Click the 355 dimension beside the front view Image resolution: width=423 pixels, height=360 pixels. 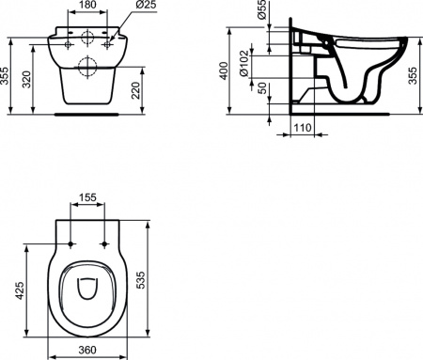tap(7, 81)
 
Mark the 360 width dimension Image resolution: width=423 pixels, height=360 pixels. tap(86, 351)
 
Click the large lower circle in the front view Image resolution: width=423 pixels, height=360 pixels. tap(89, 66)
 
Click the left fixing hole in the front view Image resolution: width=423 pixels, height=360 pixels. tap(69, 41)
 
